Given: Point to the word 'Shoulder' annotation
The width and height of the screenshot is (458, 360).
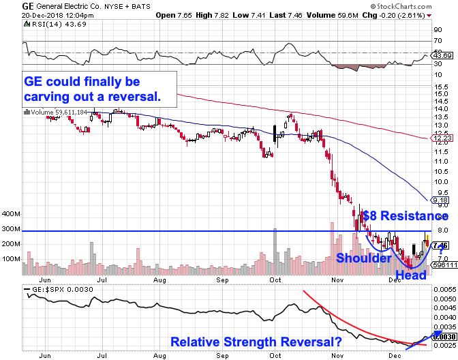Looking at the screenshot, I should [x=362, y=259].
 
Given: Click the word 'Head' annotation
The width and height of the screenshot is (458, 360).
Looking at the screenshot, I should [x=412, y=275].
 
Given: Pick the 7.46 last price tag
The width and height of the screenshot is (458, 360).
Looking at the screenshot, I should [x=440, y=245].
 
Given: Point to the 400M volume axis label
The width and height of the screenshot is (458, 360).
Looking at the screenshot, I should [x=12, y=214].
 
